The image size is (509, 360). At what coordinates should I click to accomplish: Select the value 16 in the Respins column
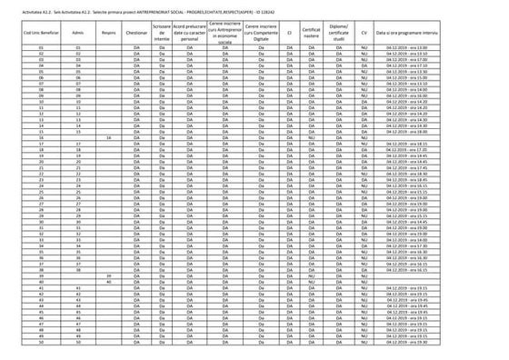tap(109, 136)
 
